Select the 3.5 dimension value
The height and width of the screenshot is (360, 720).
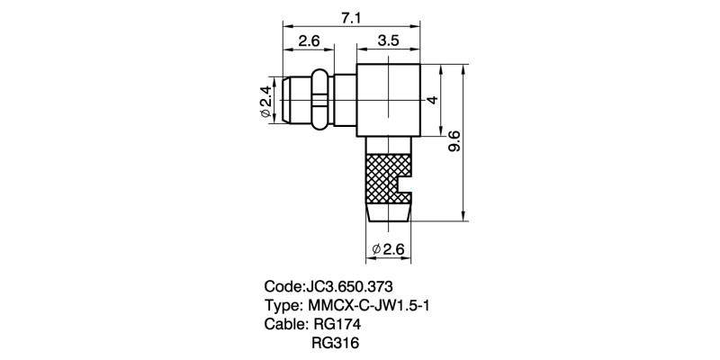[x=389, y=40]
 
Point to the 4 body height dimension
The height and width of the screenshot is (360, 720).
[x=432, y=100]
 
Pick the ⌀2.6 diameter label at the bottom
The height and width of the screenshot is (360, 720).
[x=390, y=248]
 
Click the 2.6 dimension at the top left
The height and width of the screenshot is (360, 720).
[x=310, y=40]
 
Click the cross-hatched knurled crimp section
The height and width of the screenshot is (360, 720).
[x=382, y=175]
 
